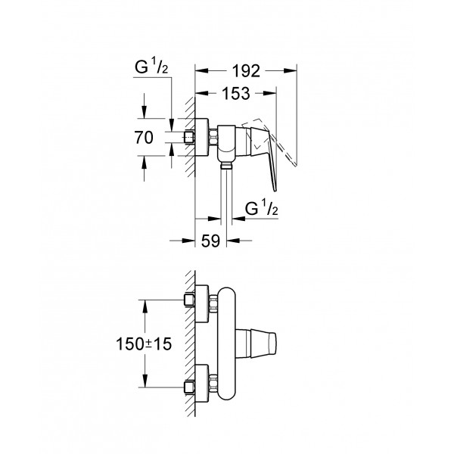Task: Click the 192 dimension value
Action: point(245,71)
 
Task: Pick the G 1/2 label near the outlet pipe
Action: point(261,208)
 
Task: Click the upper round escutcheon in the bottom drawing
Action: point(204,300)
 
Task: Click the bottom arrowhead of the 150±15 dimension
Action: point(145,385)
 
